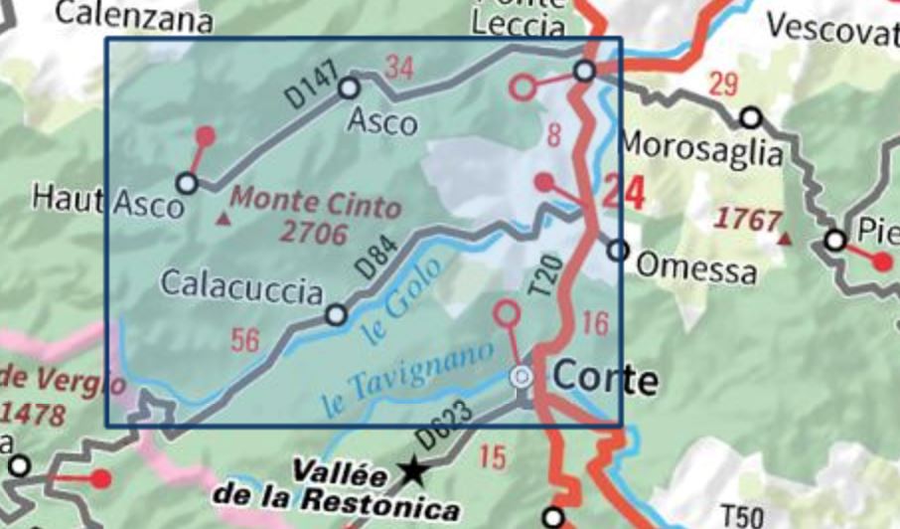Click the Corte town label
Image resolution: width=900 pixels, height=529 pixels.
click(604, 379)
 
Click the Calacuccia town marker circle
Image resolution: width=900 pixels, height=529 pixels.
click(337, 315)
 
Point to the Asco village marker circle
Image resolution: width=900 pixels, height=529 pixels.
click(349, 88)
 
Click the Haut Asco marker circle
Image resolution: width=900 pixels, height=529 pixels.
click(186, 183)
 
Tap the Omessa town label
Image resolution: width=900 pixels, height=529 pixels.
click(695, 267)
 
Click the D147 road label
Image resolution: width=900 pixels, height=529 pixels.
click(311, 87)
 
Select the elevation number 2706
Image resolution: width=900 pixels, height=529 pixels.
click(314, 234)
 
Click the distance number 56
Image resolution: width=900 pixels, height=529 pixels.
click(244, 340)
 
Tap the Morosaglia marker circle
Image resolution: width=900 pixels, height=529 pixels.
click(751, 118)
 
